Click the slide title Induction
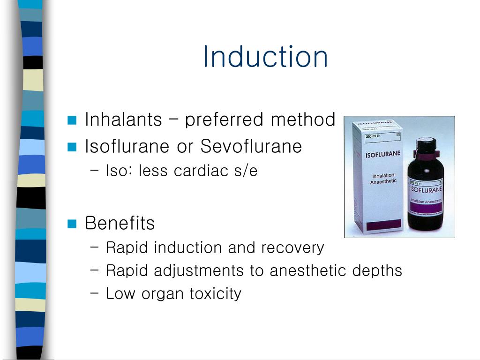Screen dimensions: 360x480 (265, 57)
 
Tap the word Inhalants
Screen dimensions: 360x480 (123, 120)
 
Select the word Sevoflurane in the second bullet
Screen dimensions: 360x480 (251, 146)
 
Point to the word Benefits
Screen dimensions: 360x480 (120, 223)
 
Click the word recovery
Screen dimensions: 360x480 (292, 247)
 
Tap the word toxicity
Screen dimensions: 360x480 (216, 294)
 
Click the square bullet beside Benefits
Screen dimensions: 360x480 (72, 224)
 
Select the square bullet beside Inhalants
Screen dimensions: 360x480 (72, 120)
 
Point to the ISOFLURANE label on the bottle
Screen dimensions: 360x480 (426, 189)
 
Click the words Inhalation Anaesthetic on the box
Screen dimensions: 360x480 (384, 179)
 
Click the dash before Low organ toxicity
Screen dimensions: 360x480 (94, 293)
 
